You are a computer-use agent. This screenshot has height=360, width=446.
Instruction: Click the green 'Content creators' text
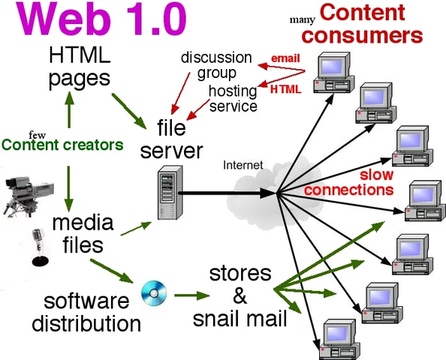point(62,145)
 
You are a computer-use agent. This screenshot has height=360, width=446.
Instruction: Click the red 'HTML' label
point(285,89)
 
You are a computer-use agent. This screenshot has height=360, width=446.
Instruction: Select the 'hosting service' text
point(232,98)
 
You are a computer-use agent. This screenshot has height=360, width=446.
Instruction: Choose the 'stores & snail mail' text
point(240,295)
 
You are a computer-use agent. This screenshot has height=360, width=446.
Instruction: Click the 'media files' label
point(83,233)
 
